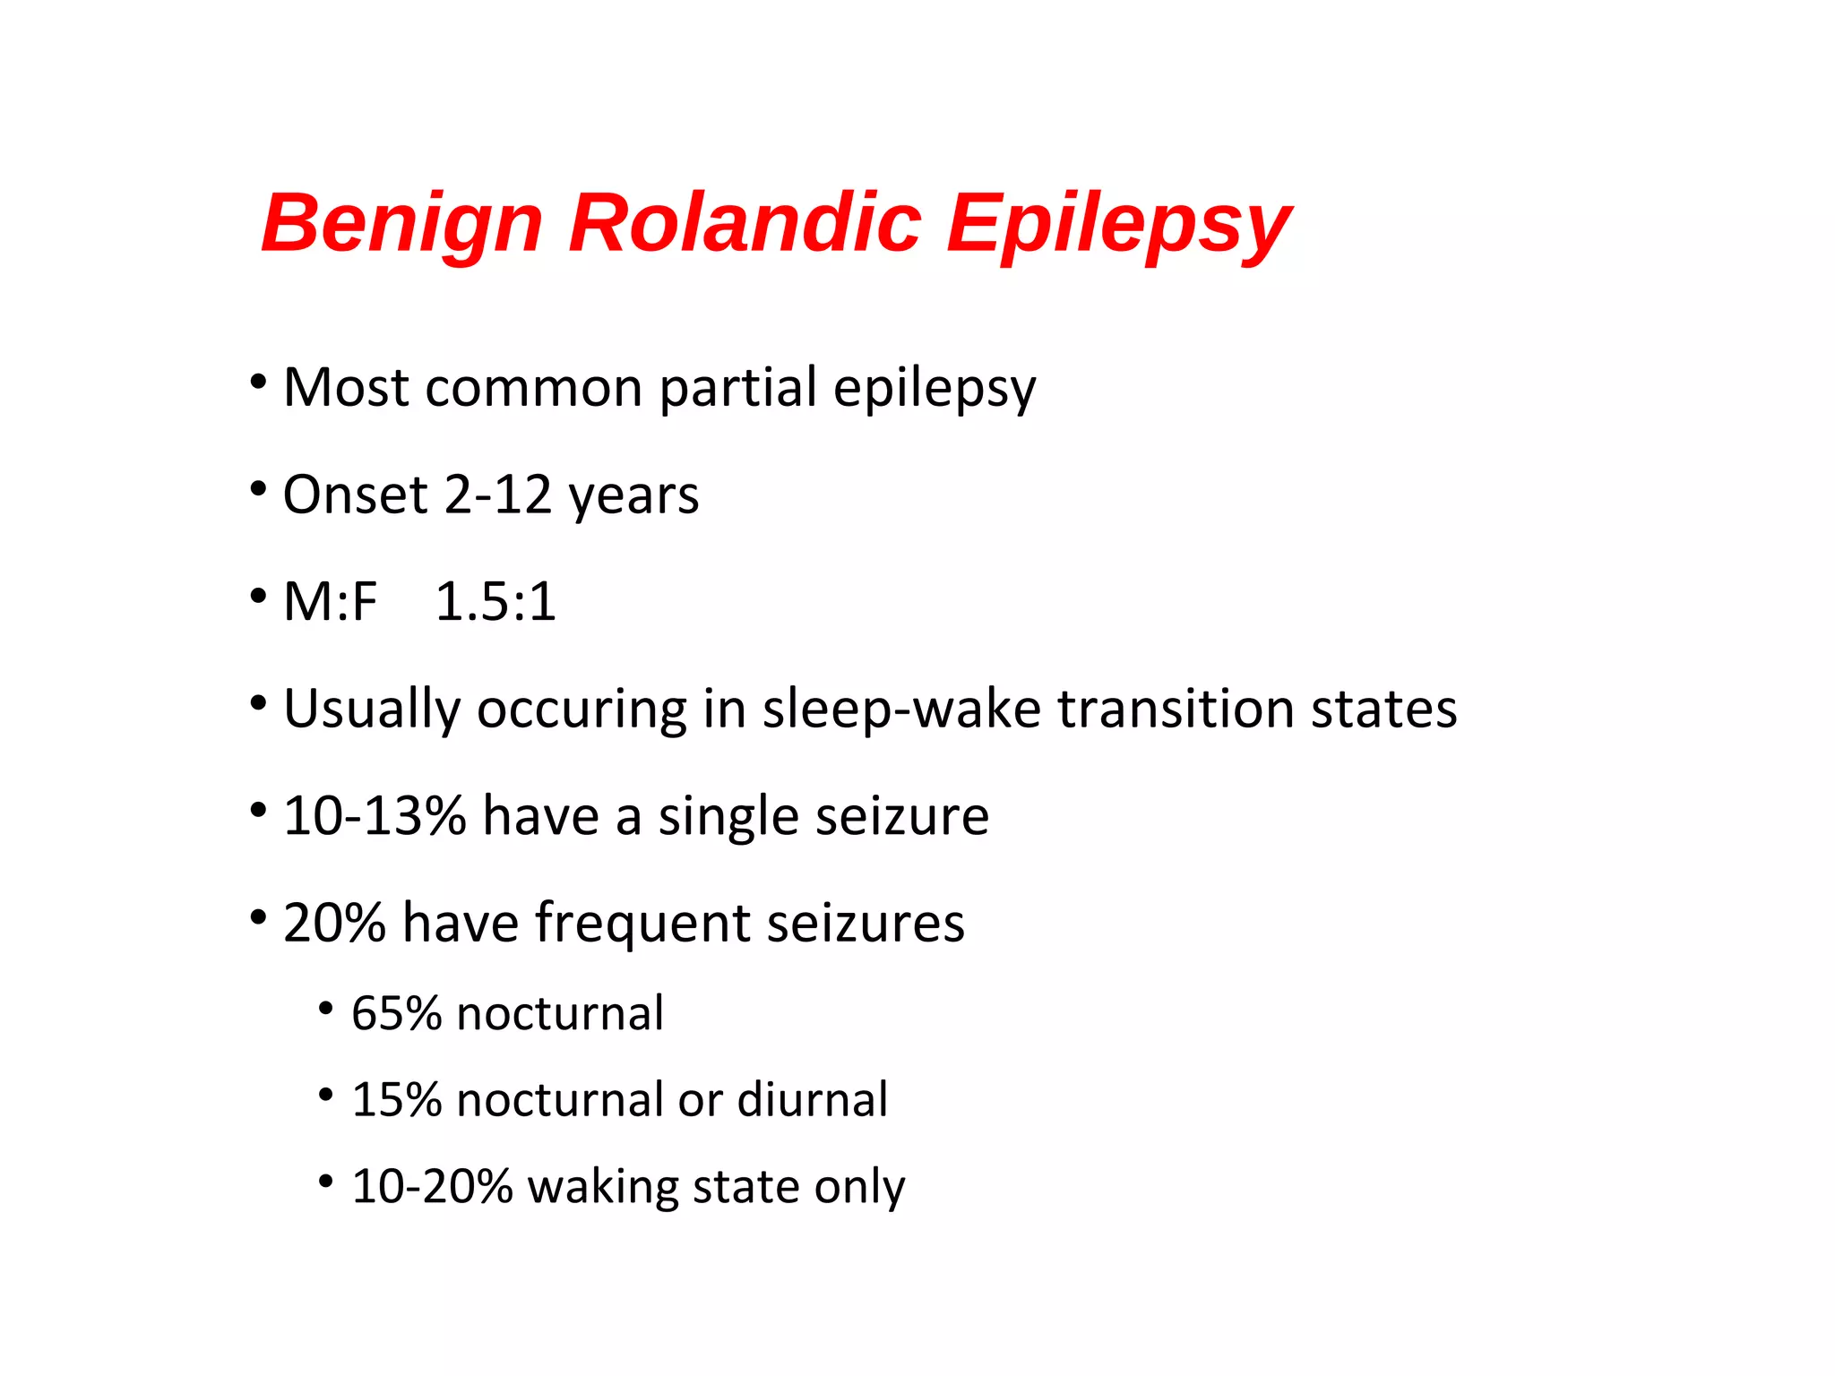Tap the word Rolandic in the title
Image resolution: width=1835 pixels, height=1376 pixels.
(x=745, y=222)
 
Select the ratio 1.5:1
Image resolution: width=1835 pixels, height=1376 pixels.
(x=495, y=601)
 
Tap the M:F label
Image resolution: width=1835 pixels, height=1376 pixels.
(x=330, y=601)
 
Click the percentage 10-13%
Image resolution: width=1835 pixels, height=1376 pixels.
(x=375, y=816)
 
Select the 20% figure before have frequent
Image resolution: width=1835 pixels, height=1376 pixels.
(x=334, y=923)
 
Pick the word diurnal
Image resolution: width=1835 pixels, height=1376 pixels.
(x=812, y=1100)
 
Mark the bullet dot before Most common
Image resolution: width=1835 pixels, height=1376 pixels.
(x=258, y=383)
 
